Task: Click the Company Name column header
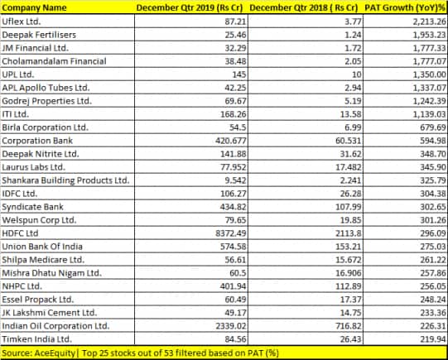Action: (x=34, y=7)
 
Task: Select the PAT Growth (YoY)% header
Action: (x=405, y=7)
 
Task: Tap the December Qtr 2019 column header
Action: (x=190, y=7)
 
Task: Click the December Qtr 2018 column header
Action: (x=304, y=7)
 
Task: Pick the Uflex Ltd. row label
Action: (x=22, y=22)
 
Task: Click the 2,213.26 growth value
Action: (x=429, y=22)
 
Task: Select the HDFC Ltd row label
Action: (x=20, y=233)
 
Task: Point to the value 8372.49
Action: (x=230, y=233)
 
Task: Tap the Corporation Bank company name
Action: (x=37, y=141)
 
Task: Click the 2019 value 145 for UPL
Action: (x=239, y=74)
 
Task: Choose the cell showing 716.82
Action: (x=349, y=326)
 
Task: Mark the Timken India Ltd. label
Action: (x=37, y=339)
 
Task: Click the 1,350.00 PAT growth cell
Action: (x=429, y=74)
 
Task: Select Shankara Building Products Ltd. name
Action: (x=65, y=180)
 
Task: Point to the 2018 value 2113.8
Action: (x=349, y=233)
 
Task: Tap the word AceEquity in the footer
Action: (x=55, y=353)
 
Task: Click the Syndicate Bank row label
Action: (x=32, y=207)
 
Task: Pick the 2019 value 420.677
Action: (x=231, y=141)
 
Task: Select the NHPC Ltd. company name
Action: (x=22, y=286)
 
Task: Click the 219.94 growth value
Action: (x=433, y=339)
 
